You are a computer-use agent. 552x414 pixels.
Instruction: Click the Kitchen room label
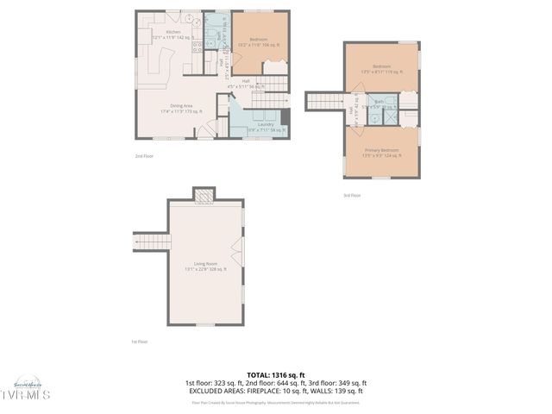160,32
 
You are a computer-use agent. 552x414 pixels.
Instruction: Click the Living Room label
205,263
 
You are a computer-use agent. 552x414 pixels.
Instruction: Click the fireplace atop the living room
204,195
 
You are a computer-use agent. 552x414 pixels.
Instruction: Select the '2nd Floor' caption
144,156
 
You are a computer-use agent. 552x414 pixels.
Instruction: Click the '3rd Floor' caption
352,196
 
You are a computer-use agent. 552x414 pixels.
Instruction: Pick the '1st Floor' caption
140,342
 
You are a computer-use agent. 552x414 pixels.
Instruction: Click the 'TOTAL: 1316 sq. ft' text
275,374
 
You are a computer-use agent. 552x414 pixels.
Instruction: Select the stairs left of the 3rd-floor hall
325,101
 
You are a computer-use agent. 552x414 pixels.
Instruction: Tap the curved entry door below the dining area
207,129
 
